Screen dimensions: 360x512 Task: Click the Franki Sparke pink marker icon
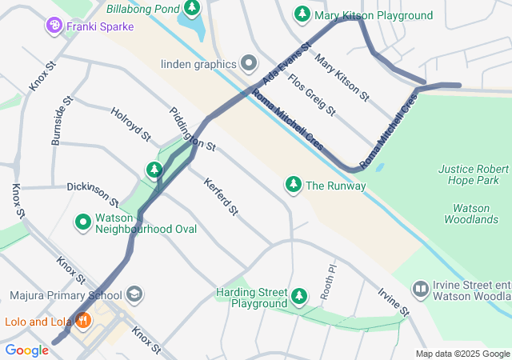click(54, 26)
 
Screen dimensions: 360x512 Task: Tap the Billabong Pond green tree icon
click(191, 9)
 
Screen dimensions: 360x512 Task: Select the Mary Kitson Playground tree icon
click(302, 14)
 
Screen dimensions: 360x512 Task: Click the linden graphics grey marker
click(249, 63)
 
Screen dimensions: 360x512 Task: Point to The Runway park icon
click(294, 186)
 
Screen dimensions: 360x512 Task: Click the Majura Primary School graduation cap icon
click(134, 295)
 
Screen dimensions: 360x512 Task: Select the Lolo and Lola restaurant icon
click(83, 322)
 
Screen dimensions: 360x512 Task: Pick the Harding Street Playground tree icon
click(299, 298)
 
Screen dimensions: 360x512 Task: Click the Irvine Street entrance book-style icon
click(420, 288)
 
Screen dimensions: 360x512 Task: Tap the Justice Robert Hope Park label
click(474, 175)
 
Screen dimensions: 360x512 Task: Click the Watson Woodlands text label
click(471, 214)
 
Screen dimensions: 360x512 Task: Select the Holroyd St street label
click(131, 125)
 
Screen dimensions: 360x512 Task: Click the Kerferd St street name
click(221, 197)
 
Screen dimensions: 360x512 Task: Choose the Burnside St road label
click(62, 122)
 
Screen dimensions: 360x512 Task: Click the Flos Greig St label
click(312, 93)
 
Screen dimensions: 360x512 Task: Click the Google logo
click(27, 350)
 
